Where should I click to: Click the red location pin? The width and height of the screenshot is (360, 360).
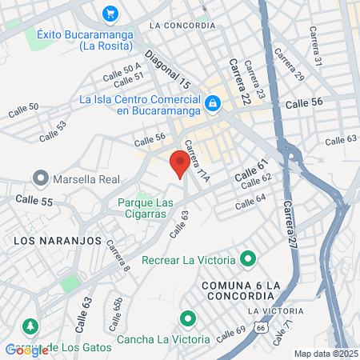(x=179, y=164)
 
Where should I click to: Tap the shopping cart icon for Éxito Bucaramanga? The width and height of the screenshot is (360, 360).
(x=110, y=14)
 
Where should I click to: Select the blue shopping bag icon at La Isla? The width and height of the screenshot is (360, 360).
(x=213, y=102)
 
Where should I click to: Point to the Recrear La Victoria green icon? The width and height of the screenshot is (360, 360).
(x=248, y=259)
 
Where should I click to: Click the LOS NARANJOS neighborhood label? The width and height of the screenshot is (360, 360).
(x=56, y=239)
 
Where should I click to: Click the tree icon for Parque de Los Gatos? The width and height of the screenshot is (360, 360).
(x=30, y=326)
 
